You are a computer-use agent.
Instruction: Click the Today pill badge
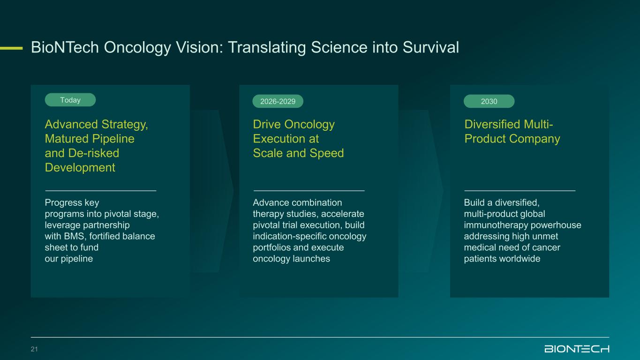coord(70,100)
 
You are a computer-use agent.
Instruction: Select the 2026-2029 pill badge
coord(278,101)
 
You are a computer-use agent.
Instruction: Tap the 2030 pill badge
coord(489,101)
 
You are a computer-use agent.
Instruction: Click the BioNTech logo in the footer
coord(577,349)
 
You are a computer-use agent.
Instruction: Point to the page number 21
coord(34,349)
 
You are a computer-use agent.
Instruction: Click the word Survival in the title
coord(431,47)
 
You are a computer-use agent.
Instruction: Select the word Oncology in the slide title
coord(137,48)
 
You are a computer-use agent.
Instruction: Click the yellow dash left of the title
coord(11,48)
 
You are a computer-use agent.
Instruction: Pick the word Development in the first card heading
coord(80,168)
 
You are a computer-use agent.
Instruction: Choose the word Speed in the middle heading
coord(327,153)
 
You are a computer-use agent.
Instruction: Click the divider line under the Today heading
coord(100,191)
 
